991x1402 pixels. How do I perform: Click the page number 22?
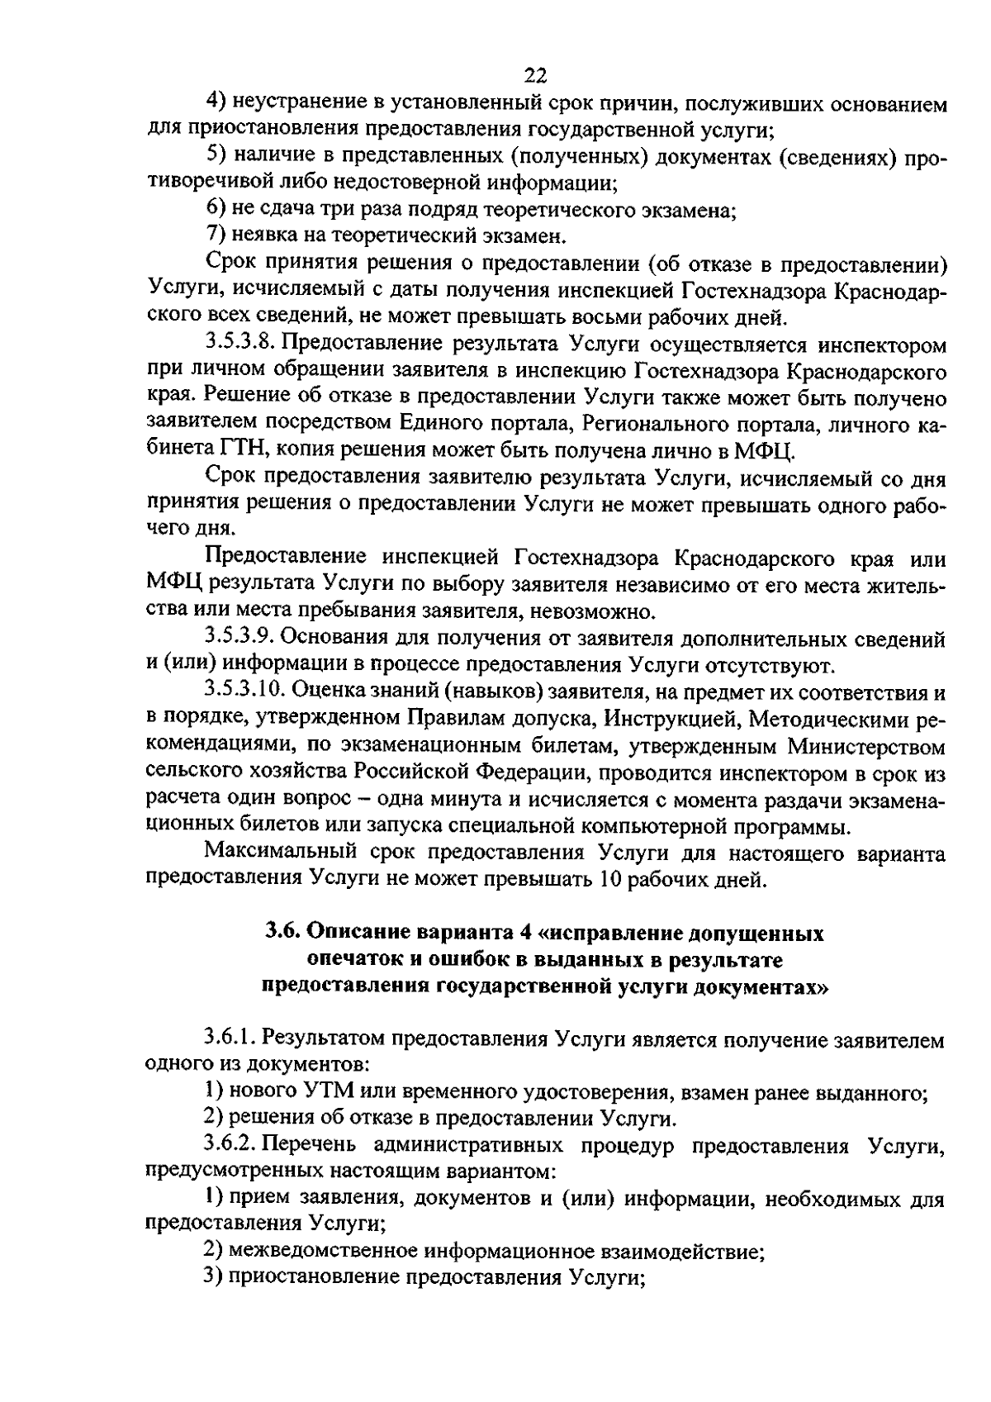536,77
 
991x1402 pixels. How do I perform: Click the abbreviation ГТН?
241,451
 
